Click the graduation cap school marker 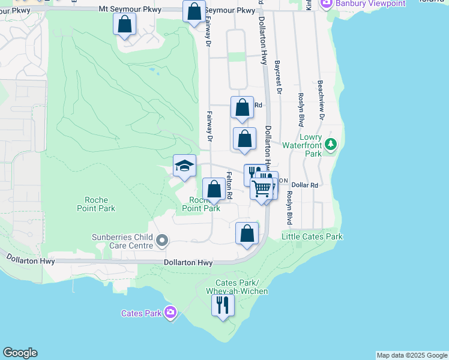(184, 166)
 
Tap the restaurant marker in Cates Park (223, 305)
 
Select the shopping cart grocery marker (262, 188)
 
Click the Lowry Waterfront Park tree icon (330, 144)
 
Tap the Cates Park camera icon (170, 312)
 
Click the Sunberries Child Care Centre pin (161, 241)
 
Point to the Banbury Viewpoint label (354, 4)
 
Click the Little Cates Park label (312, 236)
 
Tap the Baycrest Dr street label (278, 76)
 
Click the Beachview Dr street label (321, 100)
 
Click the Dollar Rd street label (304, 185)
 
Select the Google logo (20, 353)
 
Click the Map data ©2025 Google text (412, 355)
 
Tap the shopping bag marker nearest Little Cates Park (247, 233)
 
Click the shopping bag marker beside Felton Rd (214, 190)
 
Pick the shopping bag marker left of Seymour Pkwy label (194, 11)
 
